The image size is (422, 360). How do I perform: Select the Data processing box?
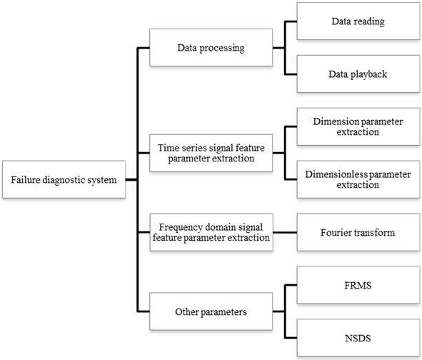[x=210, y=48]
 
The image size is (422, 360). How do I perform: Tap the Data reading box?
[x=358, y=21]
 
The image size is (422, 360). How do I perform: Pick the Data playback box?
[x=358, y=74]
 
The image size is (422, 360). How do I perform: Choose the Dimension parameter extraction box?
[x=358, y=126]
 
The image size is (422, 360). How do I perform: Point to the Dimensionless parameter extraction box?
[x=358, y=179]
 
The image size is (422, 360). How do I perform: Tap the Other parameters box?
[x=210, y=312]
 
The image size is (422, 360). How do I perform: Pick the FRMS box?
[x=358, y=286]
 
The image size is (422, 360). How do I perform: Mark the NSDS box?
[x=358, y=338]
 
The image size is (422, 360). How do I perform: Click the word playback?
[x=368, y=74]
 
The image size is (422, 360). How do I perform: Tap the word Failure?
[x=26, y=179]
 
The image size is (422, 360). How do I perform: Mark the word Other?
[x=189, y=312]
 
